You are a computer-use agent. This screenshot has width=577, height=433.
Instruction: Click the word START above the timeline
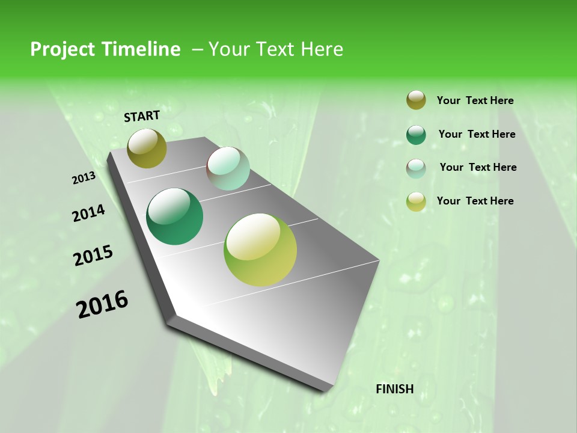[142, 116]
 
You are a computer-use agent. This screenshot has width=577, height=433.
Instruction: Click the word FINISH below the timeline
[395, 389]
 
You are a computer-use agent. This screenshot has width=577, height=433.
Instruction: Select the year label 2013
[84, 178]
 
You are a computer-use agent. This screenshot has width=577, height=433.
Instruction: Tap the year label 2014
[88, 213]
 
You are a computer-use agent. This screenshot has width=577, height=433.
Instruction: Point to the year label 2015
[93, 256]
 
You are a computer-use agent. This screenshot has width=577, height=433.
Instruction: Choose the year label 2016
[102, 304]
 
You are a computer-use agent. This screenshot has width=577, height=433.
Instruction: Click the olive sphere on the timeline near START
[147, 148]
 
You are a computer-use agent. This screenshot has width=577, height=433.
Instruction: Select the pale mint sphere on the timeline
[228, 168]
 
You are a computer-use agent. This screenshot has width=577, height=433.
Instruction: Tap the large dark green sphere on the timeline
[174, 216]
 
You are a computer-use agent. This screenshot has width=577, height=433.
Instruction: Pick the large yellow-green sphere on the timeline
[260, 250]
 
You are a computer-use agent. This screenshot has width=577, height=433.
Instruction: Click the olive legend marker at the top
[416, 100]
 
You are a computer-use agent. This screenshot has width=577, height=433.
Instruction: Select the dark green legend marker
[416, 135]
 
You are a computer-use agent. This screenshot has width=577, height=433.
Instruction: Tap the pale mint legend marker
[416, 168]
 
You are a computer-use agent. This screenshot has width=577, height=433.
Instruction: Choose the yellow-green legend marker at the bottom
[416, 201]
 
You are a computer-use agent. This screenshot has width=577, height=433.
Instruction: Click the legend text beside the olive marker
[475, 101]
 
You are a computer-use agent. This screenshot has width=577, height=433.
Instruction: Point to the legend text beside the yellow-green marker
[475, 201]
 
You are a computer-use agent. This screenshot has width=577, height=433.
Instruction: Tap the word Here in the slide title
[322, 49]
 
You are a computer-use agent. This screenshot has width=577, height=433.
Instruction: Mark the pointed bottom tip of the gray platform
[325, 391]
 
